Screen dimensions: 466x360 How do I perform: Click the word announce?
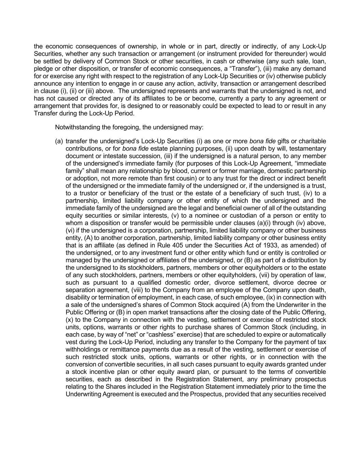click(x=46, y=83)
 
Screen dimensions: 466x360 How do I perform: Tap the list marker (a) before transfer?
click(x=59, y=141)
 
